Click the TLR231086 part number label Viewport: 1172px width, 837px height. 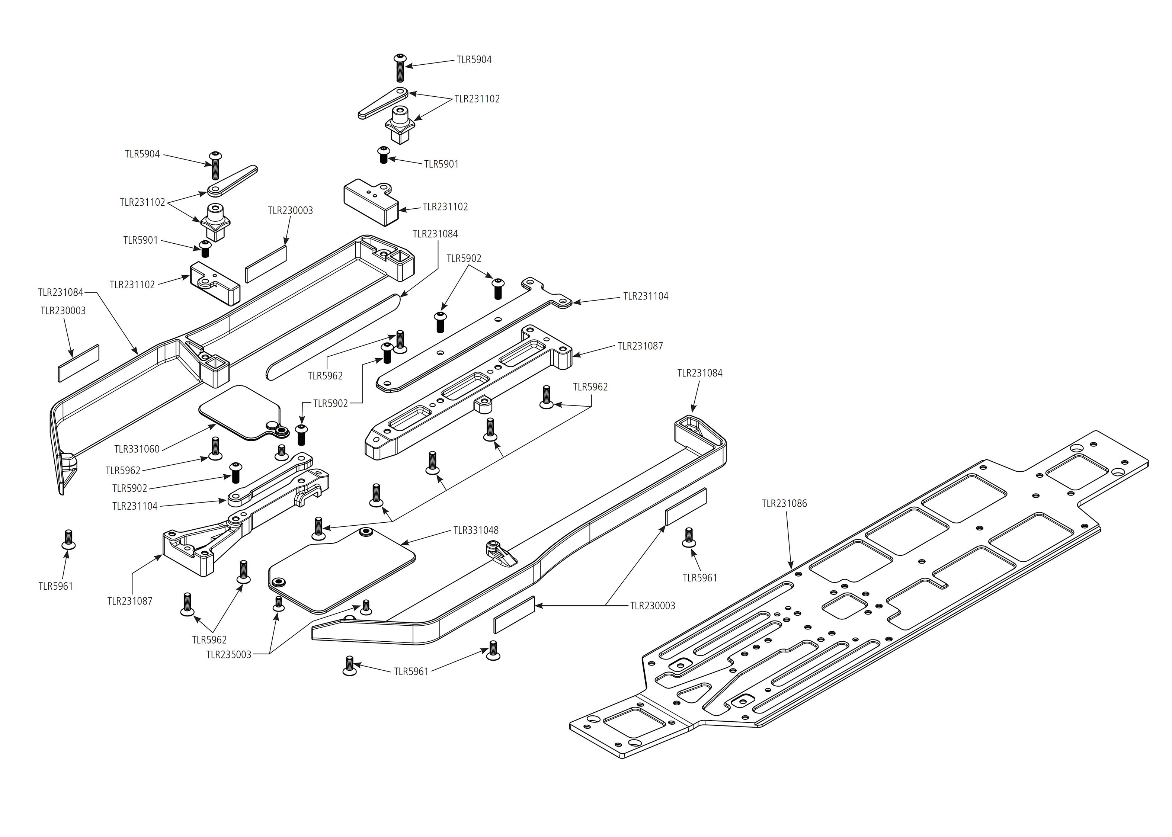784,504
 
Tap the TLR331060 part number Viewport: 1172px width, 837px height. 137,449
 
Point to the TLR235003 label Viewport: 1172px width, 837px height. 228,655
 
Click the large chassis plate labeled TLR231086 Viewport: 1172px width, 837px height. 876,593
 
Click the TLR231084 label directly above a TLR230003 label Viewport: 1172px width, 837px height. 60,292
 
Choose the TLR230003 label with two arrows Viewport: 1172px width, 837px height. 653,606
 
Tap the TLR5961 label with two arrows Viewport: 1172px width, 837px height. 411,671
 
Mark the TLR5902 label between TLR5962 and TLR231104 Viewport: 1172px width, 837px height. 129,488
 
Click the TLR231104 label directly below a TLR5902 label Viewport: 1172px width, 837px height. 135,506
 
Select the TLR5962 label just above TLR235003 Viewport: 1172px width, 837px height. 209,639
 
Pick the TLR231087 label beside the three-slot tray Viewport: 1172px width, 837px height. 640,346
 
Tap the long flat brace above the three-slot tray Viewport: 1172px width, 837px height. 474,335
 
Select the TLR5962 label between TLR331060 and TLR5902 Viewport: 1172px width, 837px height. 123,470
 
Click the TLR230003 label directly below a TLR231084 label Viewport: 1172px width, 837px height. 63,310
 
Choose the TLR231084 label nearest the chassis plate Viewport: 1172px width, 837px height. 699,373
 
